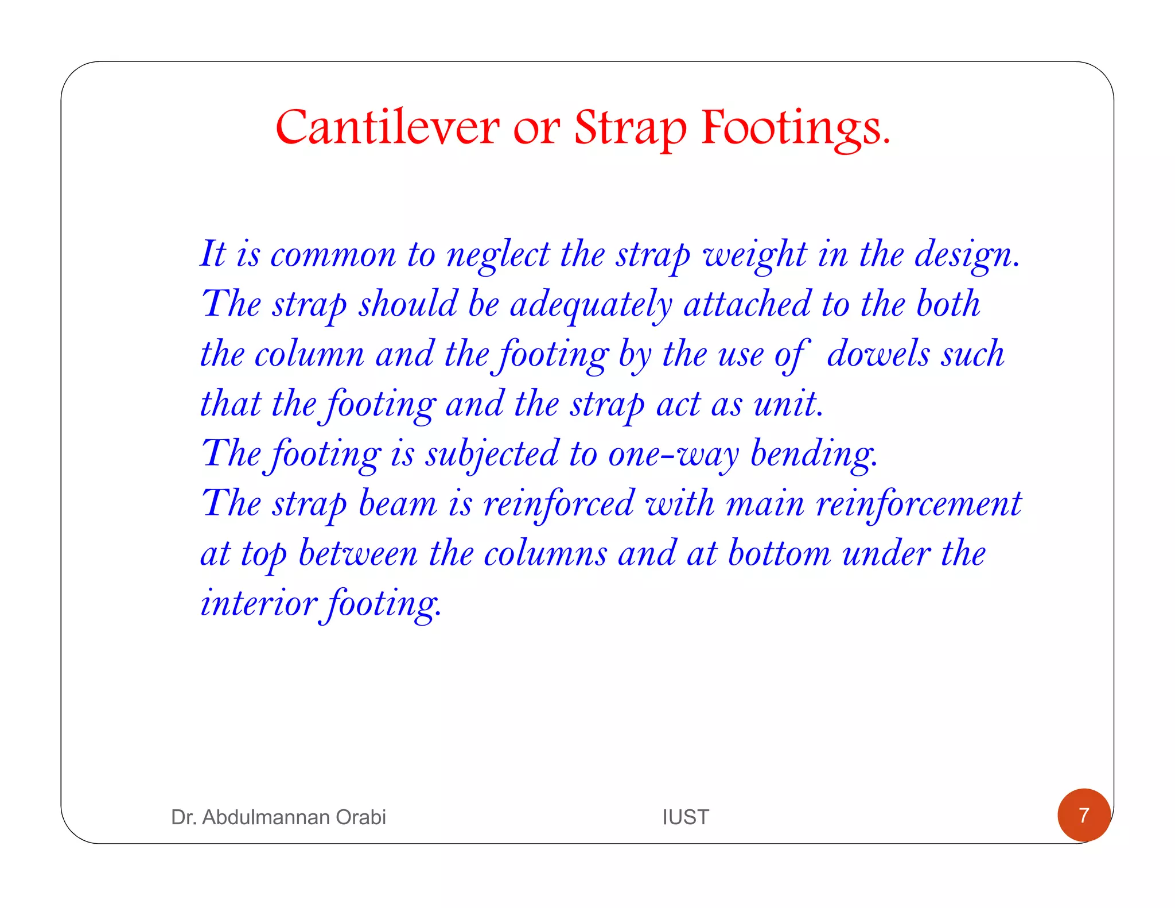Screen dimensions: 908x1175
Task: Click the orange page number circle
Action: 1084,815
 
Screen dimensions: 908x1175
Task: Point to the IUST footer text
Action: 686,817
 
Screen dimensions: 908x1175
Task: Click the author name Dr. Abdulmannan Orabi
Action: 278,817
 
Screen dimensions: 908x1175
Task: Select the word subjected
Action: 492,454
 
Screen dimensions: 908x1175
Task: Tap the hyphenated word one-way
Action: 673,454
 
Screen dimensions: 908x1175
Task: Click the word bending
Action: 814,454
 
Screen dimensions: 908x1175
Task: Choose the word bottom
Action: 779,554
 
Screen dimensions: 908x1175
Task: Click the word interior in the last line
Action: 258,603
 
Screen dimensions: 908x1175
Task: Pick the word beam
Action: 397,504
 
